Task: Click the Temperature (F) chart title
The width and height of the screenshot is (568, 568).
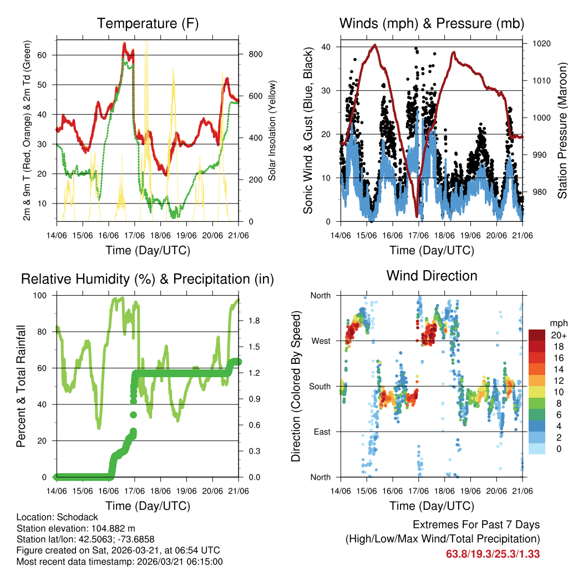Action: pos(148,23)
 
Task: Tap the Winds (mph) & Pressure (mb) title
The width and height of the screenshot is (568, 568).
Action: pos(432,23)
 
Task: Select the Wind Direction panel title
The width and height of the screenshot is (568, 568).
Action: pos(432,275)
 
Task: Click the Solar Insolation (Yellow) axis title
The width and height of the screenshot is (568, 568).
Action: pos(272,131)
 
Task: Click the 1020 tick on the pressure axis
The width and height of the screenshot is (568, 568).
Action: pos(540,43)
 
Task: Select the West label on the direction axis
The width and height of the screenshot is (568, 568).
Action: pos(320,341)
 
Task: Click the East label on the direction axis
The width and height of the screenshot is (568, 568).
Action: pos(321,432)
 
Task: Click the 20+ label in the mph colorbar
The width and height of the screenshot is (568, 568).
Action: pos(558,335)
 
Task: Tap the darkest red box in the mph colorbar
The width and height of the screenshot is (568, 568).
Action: pos(536,335)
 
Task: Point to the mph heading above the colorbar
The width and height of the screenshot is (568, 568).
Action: pos(558,323)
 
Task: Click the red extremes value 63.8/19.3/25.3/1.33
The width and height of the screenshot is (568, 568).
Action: pos(493,554)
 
